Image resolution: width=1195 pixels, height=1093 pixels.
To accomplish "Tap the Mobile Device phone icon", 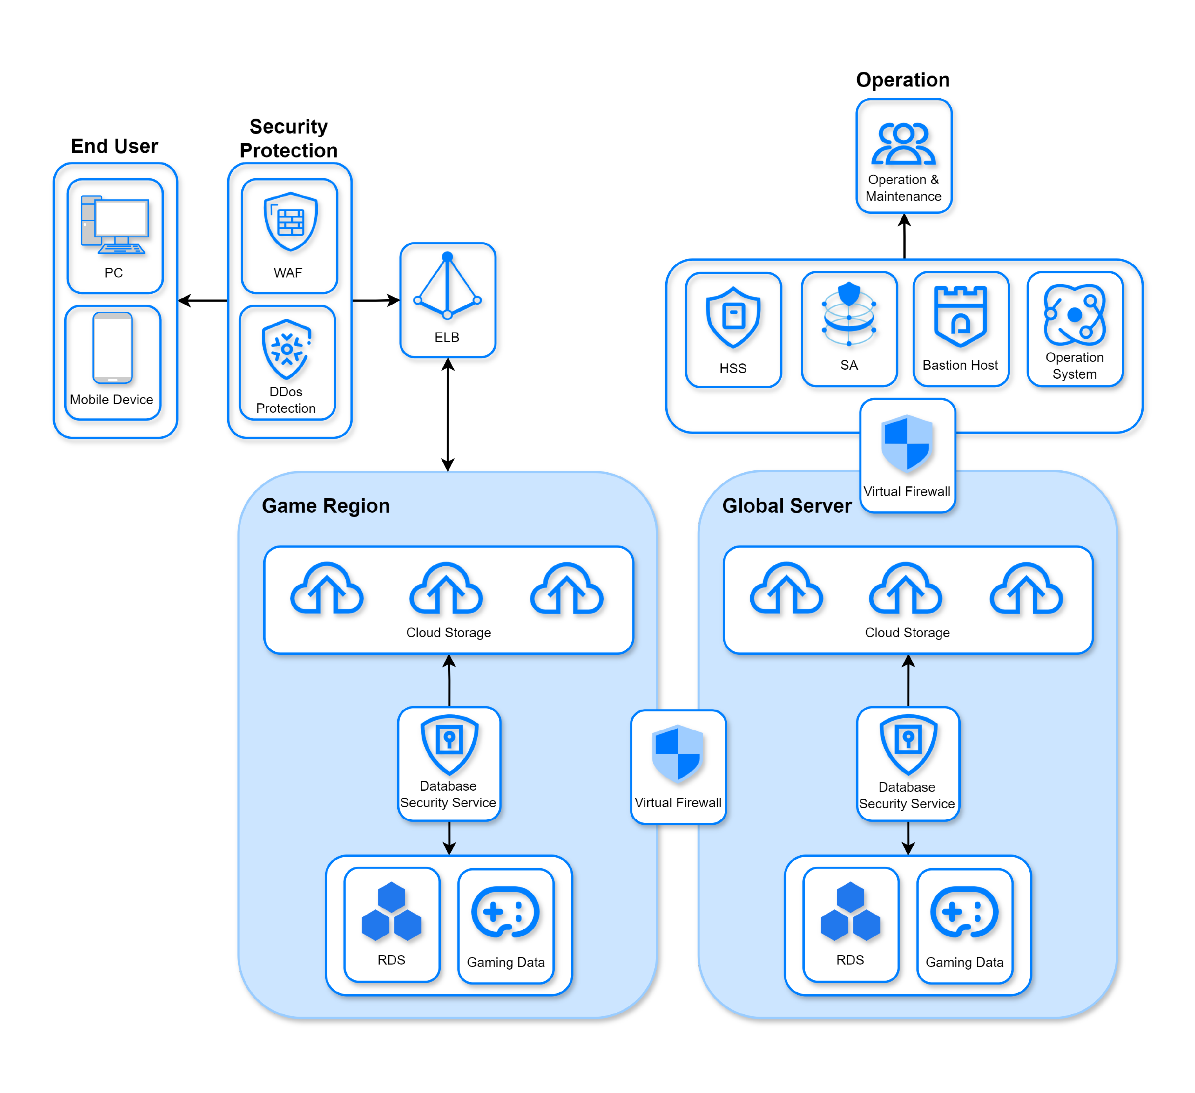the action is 112,348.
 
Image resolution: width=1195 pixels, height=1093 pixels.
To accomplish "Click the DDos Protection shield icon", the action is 287,350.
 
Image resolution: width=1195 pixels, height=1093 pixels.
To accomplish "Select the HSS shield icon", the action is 733,318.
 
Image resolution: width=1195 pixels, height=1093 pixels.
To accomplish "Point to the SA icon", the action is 849,314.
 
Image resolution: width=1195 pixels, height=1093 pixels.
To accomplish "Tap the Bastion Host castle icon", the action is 960,316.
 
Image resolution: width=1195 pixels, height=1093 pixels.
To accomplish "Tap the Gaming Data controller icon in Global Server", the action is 964,912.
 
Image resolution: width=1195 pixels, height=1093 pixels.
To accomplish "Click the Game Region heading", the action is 326,506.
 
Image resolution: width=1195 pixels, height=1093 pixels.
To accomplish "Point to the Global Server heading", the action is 787,506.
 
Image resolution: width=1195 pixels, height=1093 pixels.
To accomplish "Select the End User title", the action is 114,146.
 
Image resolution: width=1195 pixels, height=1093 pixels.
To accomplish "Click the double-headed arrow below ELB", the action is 448,415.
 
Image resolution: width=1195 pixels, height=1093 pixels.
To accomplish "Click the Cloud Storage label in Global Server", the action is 907,633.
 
